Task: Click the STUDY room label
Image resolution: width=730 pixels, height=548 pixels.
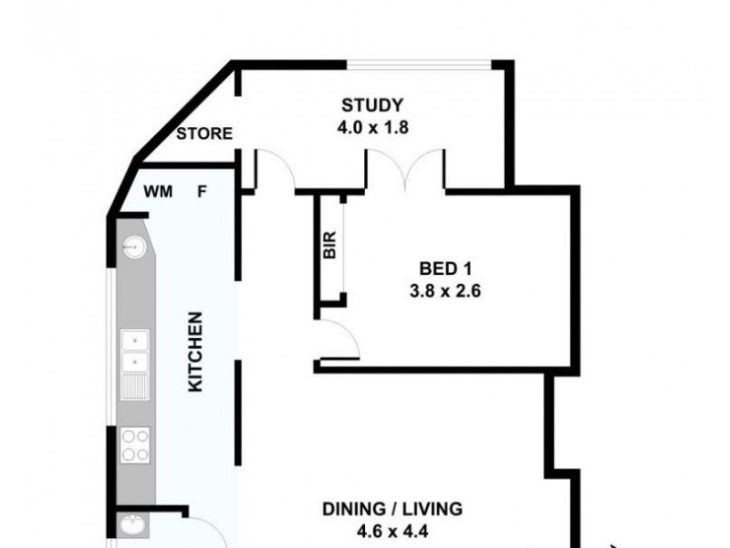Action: tap(371, 104)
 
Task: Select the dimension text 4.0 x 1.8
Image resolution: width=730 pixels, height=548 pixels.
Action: tap(371, 127)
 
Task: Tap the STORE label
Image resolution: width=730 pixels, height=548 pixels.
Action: tap(204, 134)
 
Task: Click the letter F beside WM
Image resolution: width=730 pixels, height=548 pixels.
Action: tap(203, 192)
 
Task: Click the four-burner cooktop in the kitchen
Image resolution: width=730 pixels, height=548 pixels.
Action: tap(136, 446)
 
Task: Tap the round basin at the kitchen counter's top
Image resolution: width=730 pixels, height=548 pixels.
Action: tap(135, 246)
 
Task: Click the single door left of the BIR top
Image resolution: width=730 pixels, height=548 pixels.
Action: tap(276, 171)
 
